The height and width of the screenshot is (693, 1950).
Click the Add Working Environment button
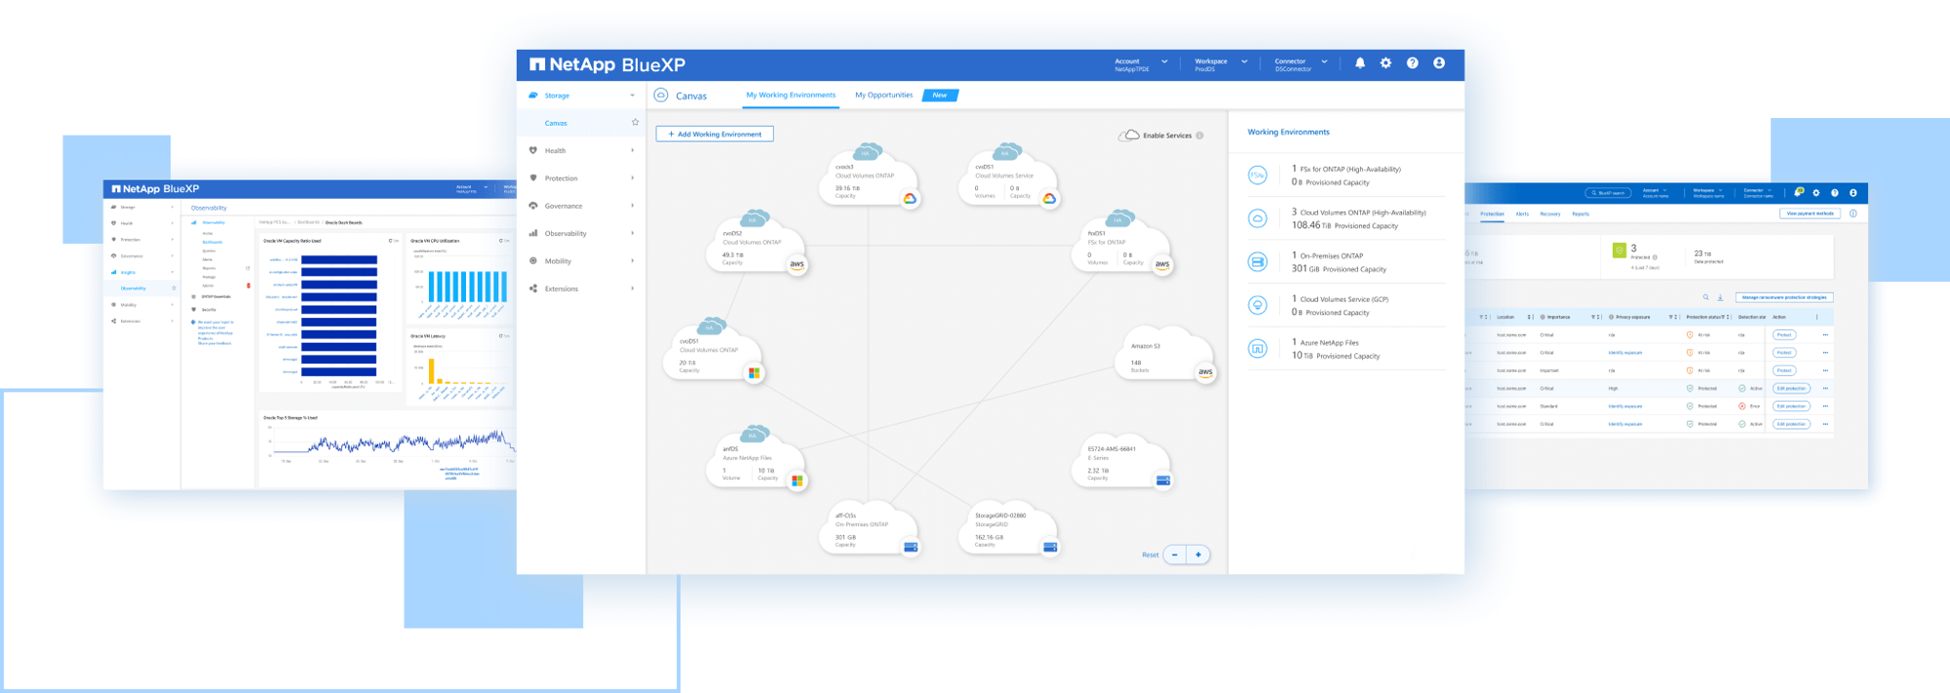pyautogui.click(x=715, y=135)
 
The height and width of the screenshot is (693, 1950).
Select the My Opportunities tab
pyautogui.click(x=883, y=96)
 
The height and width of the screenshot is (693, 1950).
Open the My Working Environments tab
pyautogui.click(x=791, y=96)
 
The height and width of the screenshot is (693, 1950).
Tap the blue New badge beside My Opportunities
pyautogui.click(x=940, y=96)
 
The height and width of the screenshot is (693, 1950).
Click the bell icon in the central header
pyautogui.click(x=1360, y=63)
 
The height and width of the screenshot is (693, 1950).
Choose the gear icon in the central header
pyautogui.click(x=1385, y=63)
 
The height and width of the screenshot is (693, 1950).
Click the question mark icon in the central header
pyautogui.click(x=1412, y=63)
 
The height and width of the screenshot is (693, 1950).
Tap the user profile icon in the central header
pyautogui.click(x=1439, y=63)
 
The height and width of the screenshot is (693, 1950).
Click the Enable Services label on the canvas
pyautogui.click(x=1167, y=135)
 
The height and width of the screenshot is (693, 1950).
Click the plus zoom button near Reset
pyautogui.click(x=1198, y=555)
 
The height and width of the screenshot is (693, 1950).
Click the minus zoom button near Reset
pyautogui.click(x=1175, y=555)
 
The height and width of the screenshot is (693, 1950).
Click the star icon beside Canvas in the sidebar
pyautogui.click(x=636, y=123)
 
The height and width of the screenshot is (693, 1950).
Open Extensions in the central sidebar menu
pyautogui.click(x=562, y=289)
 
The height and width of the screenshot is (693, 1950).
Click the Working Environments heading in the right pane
pyautogui.click(x=1288, y=133)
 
